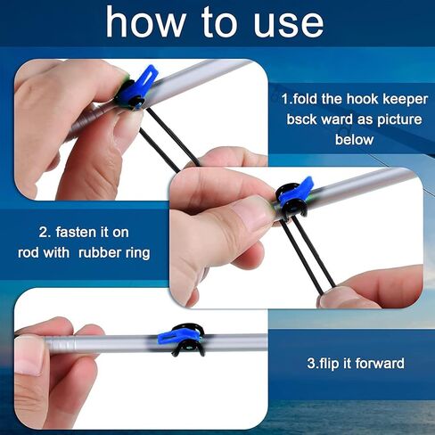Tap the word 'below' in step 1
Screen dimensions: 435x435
354,139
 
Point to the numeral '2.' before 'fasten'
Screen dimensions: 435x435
45,230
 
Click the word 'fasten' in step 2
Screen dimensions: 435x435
80,230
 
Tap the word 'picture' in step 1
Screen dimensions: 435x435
385,118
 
